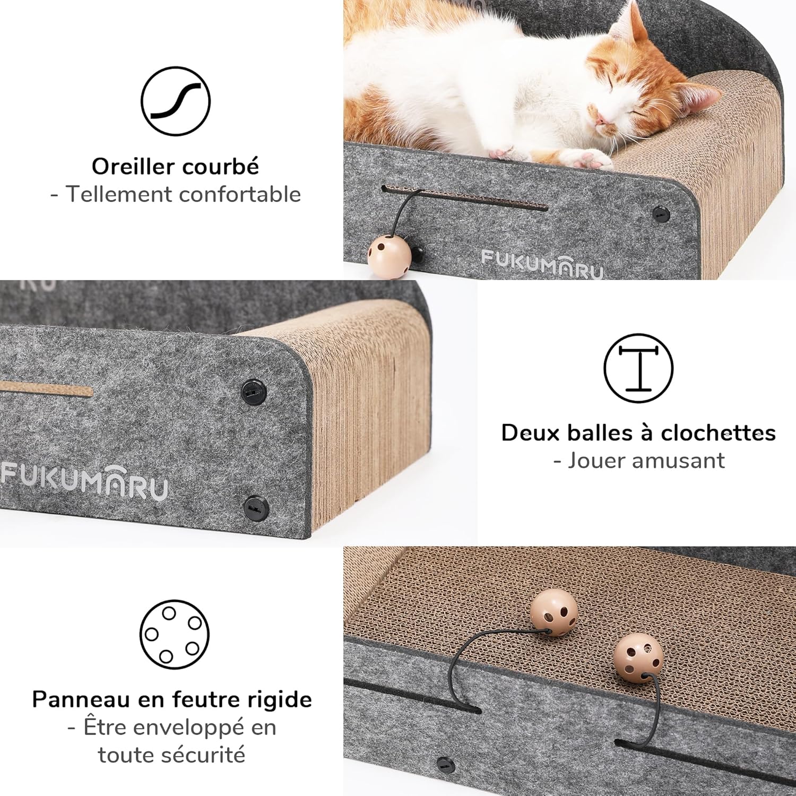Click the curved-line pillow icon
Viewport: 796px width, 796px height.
coord(176,101)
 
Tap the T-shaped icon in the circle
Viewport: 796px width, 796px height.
coord(638,368)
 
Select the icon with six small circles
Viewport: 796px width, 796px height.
coord(175,634)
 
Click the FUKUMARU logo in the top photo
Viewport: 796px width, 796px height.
coord(542,264)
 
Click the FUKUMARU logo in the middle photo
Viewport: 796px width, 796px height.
coord(85,481)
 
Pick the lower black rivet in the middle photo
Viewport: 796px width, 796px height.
coord(256,508)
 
